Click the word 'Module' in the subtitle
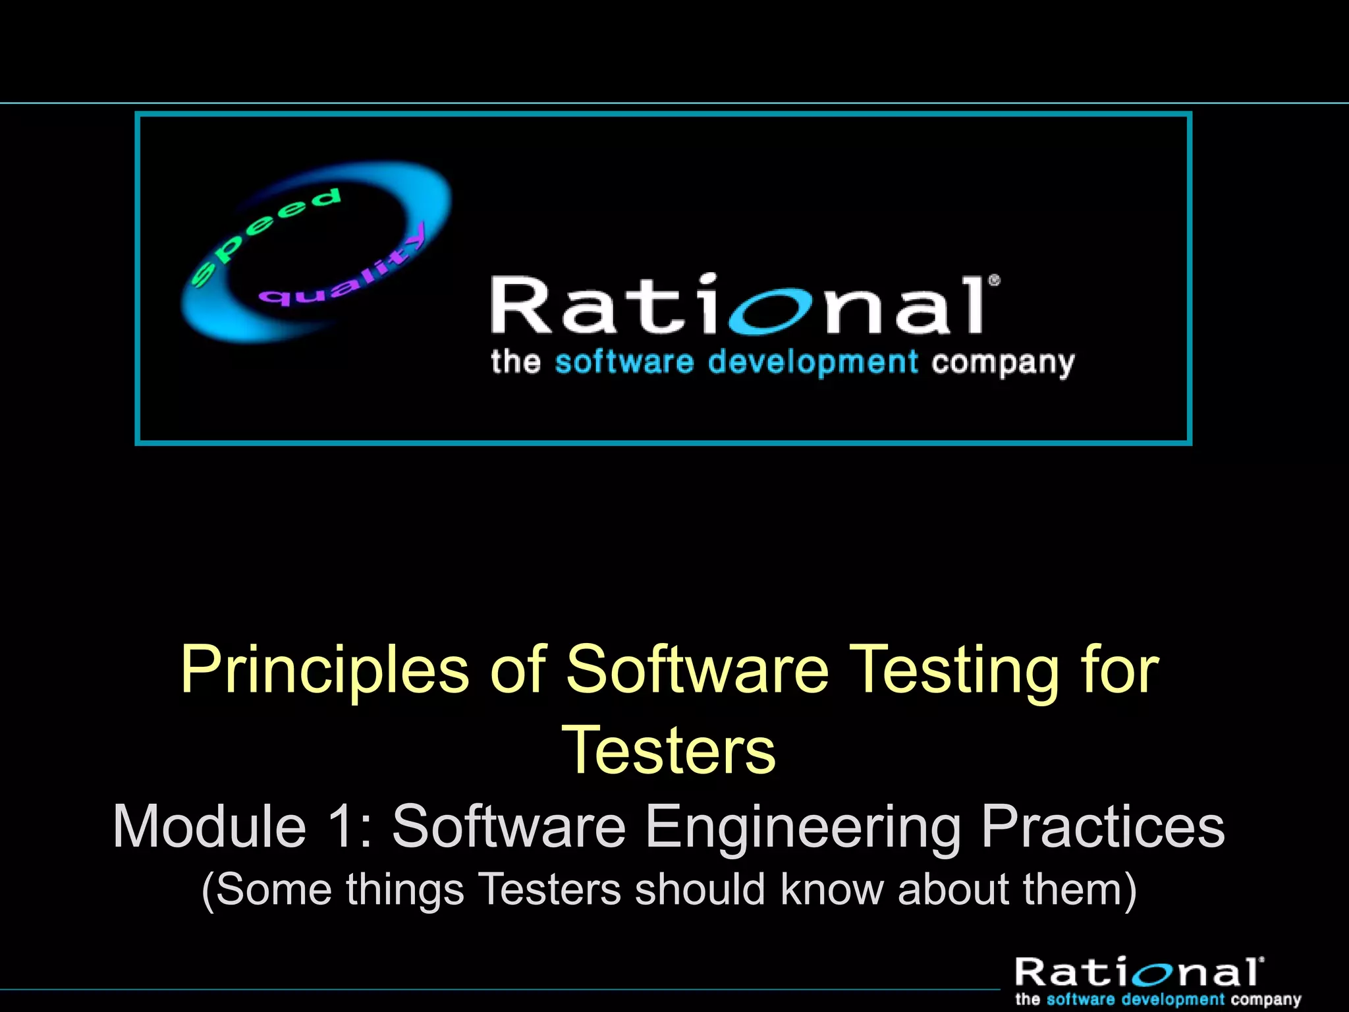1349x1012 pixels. (x=210, y=827)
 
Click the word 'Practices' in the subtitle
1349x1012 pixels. (x=1103, y=827)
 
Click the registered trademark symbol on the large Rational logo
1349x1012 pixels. (x=994, y=281)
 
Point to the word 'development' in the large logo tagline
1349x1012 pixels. (x=813, y=363)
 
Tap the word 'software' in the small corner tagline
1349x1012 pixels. (x=1083, y=999)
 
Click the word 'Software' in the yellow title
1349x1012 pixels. (x=697, y=670)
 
